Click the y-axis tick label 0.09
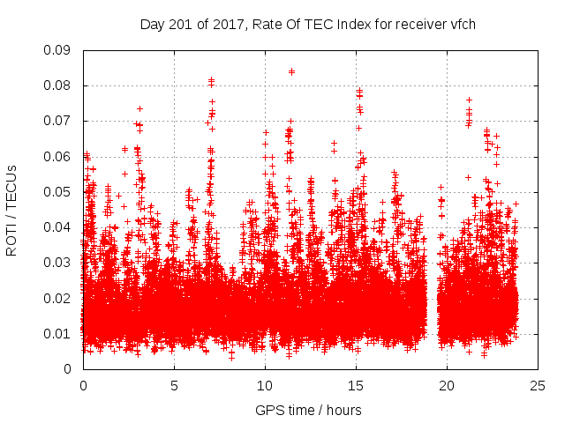click(60, 50)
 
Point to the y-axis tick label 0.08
click(60, 85)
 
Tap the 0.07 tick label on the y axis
click(60, 121)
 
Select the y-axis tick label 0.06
click(60, 156)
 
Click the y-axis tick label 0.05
click(60, 191)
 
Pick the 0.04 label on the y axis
click(60, 227)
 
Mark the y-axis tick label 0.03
click(60, 263)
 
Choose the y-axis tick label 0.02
click(60, 298)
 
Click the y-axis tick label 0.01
click(60, 333)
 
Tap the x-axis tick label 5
click(174, 385)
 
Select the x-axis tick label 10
click(265, 385)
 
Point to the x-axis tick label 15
click(356, 385)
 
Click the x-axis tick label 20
click(447, 385)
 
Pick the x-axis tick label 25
click(538, 385)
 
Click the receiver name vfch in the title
click(463, 24)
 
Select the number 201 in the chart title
click(179, 24)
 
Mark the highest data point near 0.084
click(291, 71)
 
